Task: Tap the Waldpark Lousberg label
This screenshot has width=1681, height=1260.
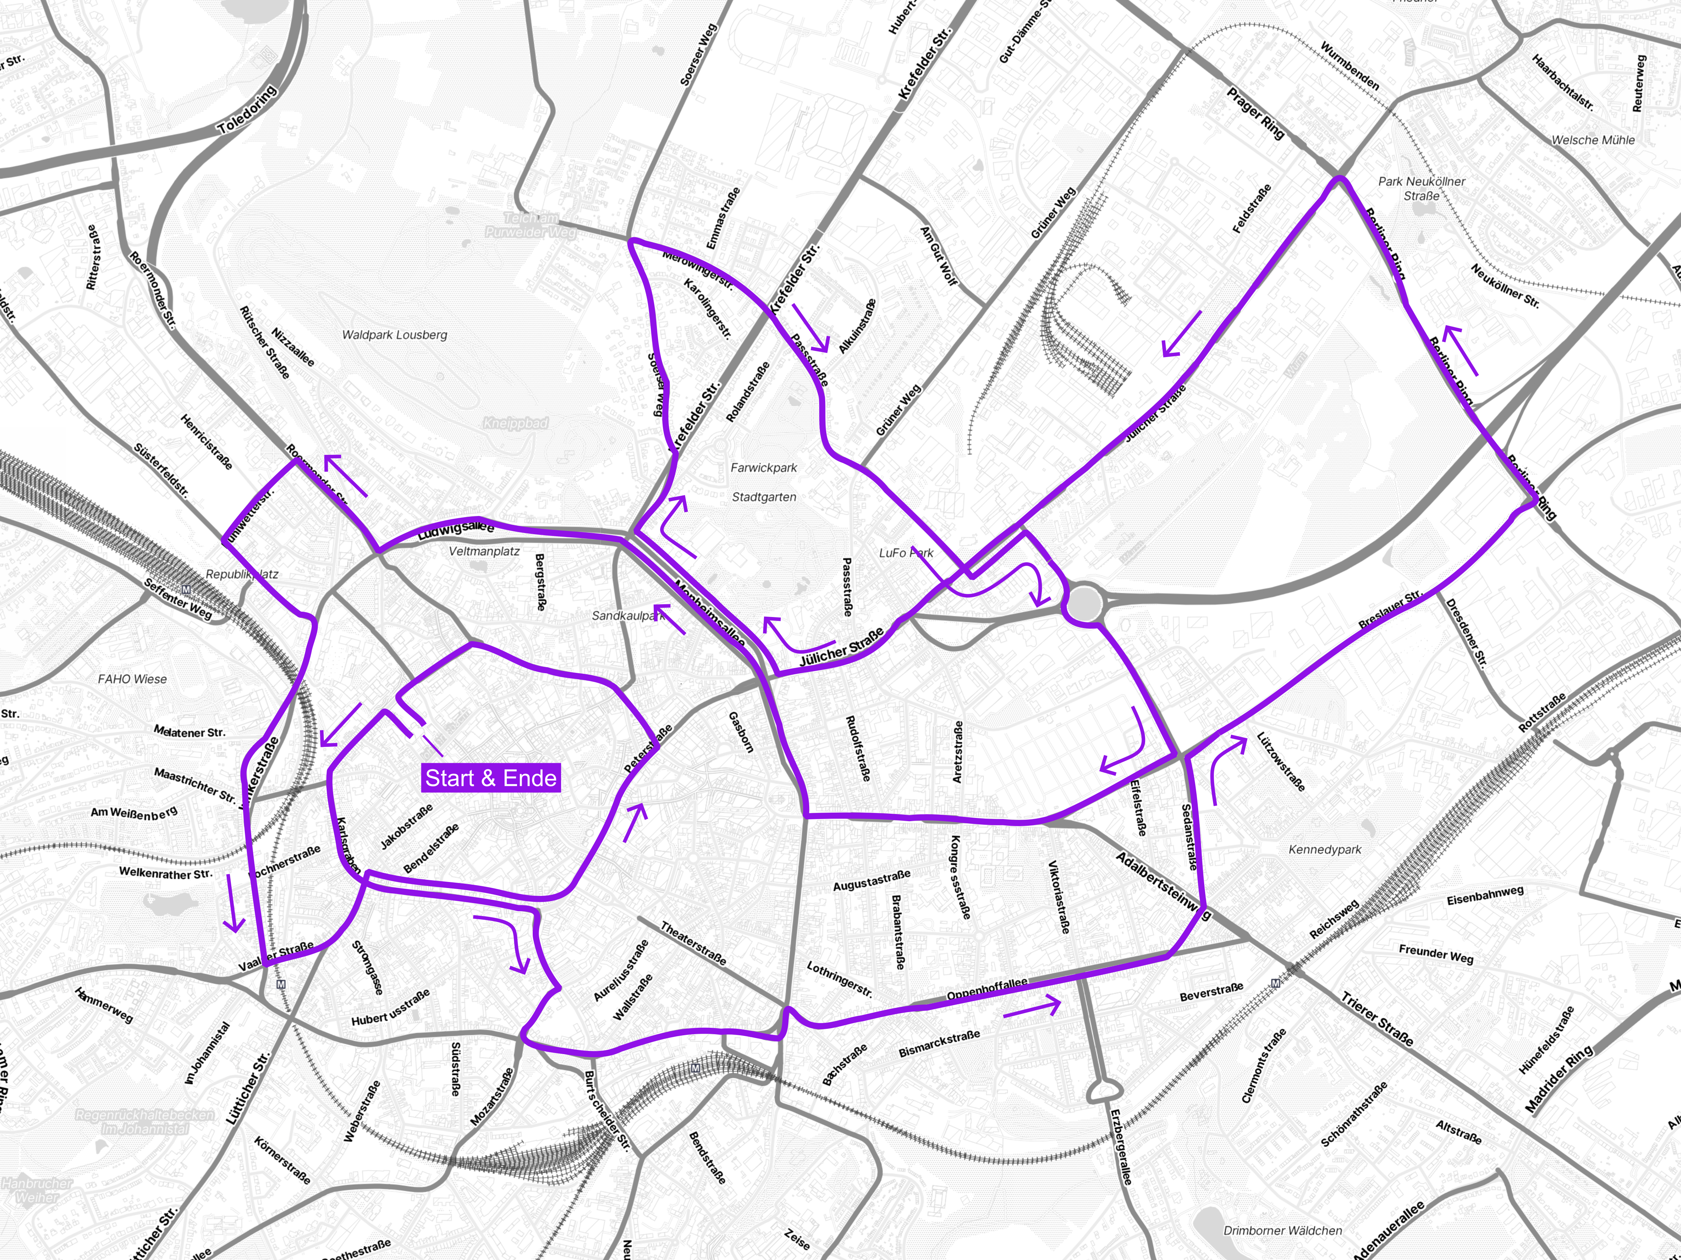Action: click(394, 335)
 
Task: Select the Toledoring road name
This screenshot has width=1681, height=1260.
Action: click(247, 111)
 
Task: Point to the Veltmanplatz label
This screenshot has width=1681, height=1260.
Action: click(484, 551)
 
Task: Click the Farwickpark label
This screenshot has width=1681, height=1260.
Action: click(764, 468)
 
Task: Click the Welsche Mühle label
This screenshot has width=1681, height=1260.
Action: click(1593, 140)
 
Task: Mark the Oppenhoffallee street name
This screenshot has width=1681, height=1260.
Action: click(986, 989)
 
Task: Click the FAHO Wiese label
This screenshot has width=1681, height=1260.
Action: click(132, 679)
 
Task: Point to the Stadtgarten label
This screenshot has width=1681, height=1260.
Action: click(764, 497)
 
